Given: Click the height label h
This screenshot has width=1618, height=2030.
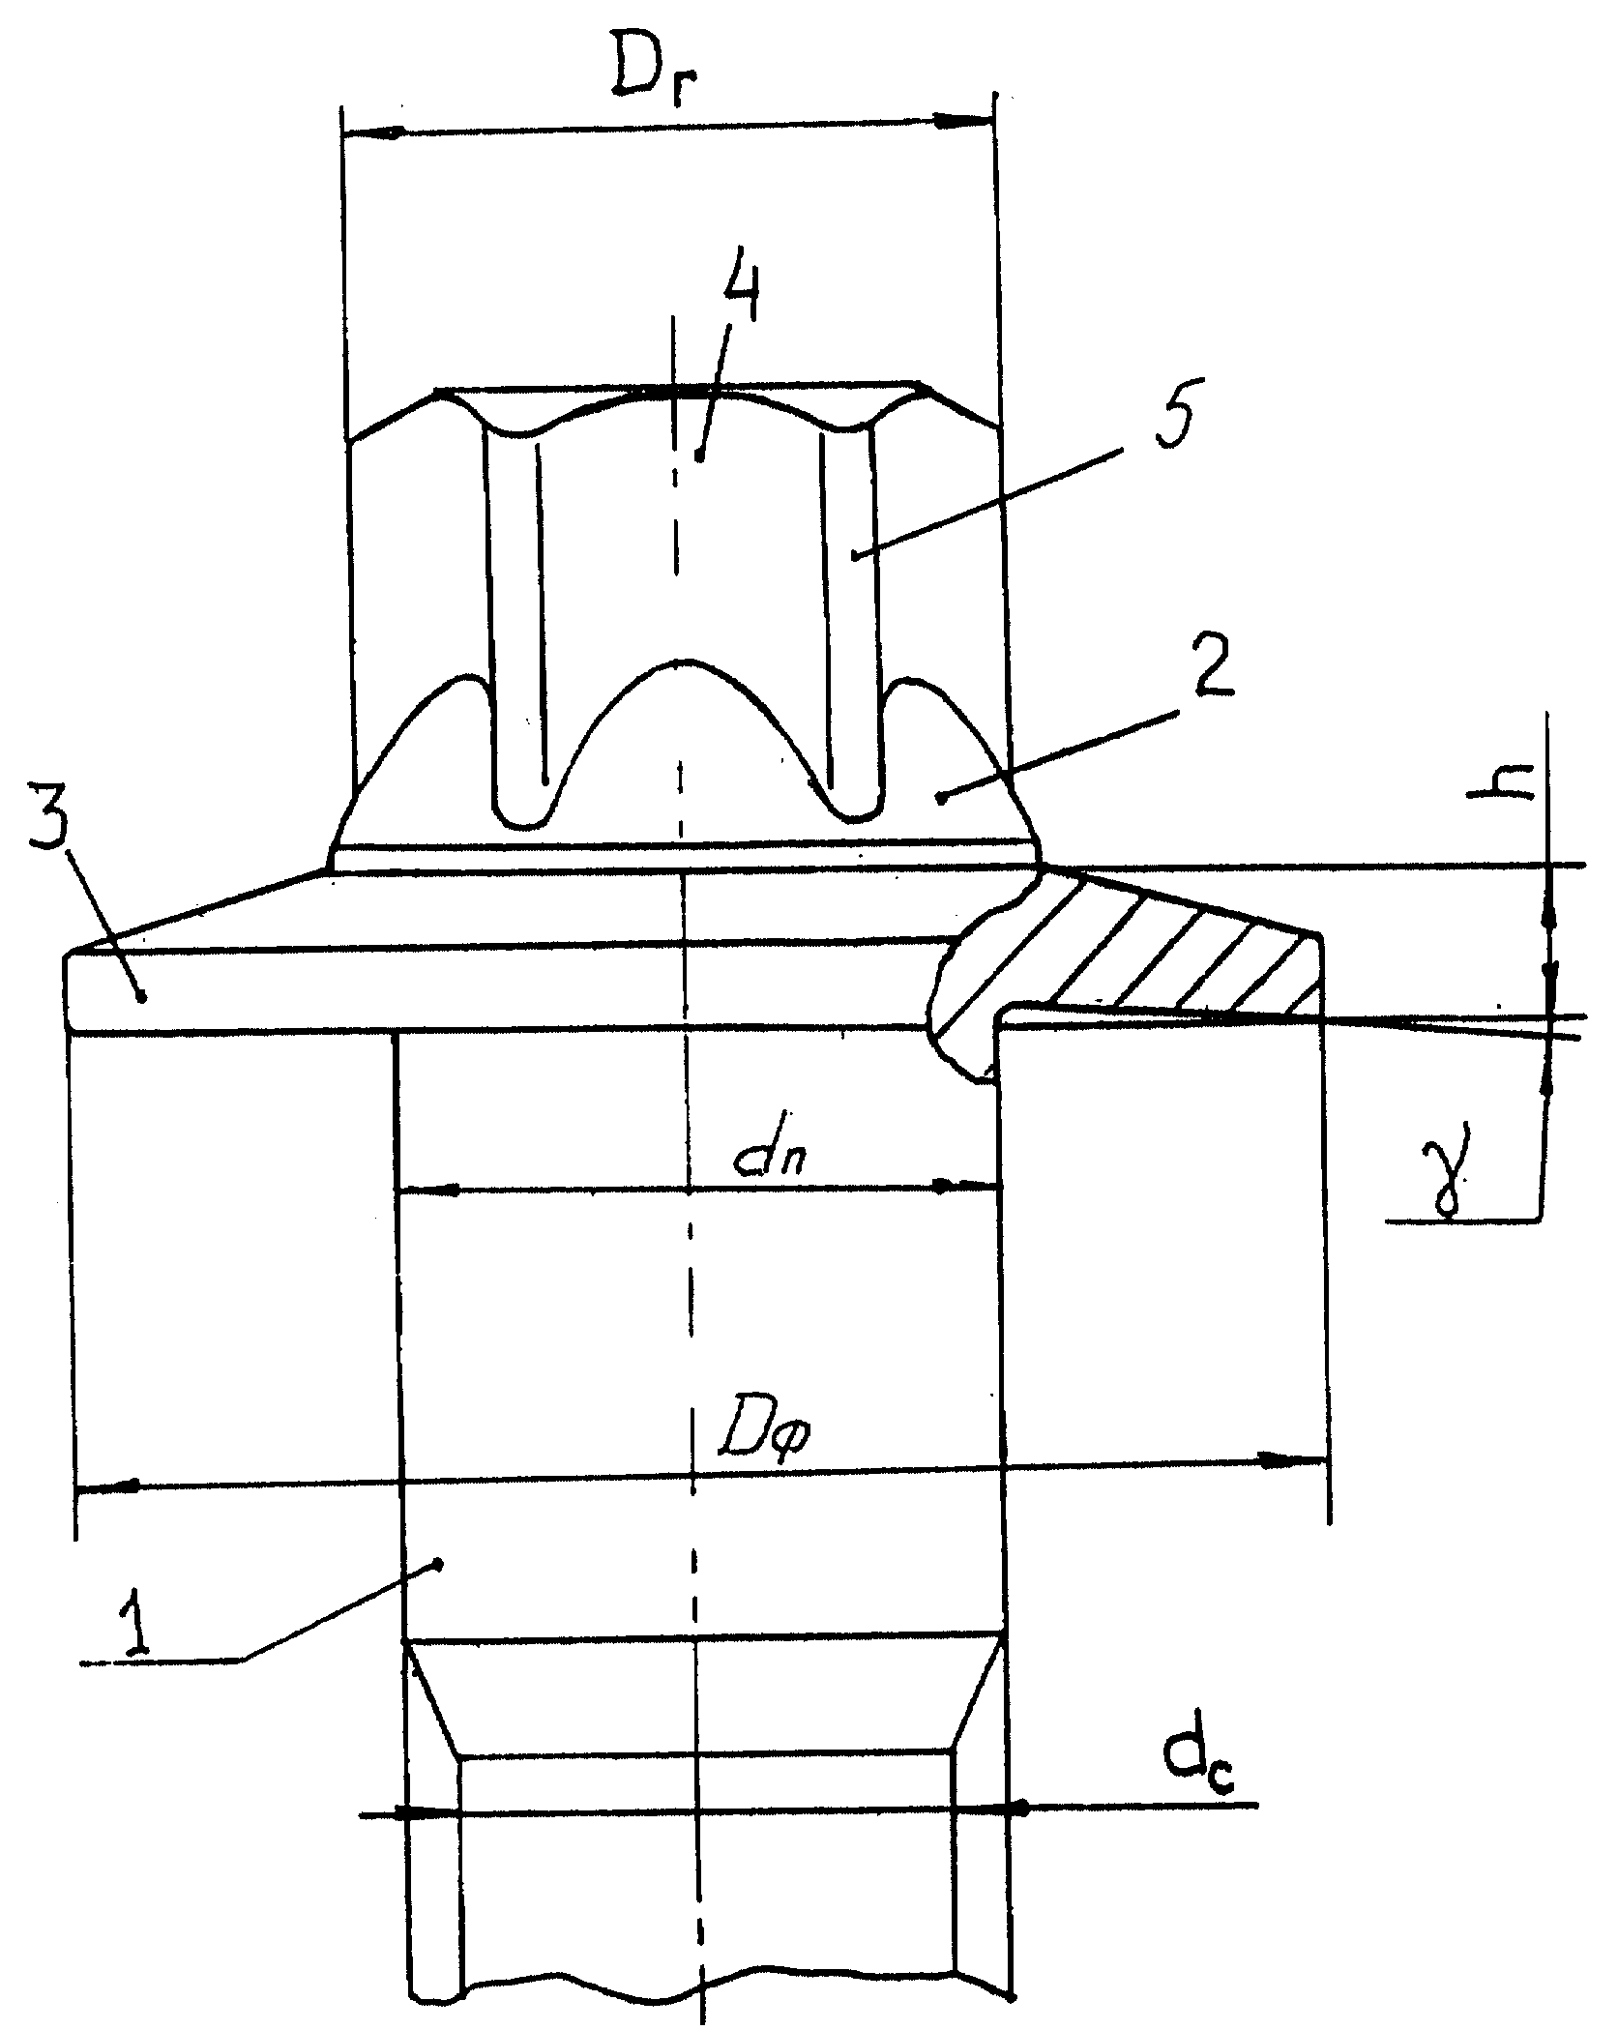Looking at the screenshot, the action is (x=1499, y=788).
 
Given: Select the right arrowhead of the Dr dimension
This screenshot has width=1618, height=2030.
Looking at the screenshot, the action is (x=963, y=121).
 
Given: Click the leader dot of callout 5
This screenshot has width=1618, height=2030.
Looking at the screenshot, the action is (x=855, y=555).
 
